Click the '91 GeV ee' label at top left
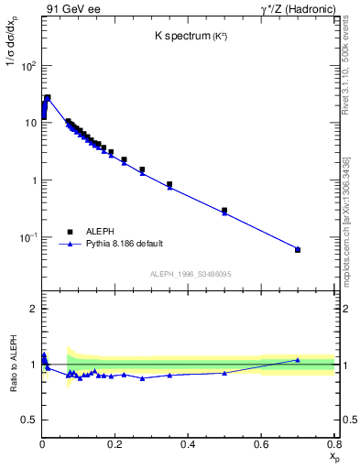(x=71, y=10)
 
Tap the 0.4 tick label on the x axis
(x=188, y=444)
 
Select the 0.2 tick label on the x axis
(x=115, y=444)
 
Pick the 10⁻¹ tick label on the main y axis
(x=26, y=238)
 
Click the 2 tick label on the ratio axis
(x=32, y=309)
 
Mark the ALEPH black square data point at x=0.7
(x=298, y=249)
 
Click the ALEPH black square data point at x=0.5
(x=224, y=210)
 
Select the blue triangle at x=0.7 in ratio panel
(x=298, y=360)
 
